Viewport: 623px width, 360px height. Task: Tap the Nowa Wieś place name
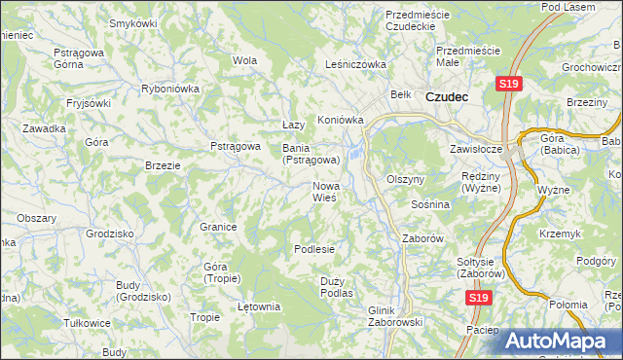(x=325, y=192)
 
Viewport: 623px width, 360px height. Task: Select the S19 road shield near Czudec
(x=507, y=85)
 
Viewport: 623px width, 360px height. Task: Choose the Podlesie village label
(x=314, y=249)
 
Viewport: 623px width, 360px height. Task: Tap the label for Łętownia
(x=259, y=306)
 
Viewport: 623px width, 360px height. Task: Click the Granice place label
(x=219, y=227)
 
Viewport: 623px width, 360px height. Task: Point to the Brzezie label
(x=163, y=165)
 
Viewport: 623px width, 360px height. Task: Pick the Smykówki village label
(x=134, y=22)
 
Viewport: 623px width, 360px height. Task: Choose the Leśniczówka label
(x=355, y=65)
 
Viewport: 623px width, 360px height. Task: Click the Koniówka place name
(x=340, y=121)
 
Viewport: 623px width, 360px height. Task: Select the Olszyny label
(x=406, y=180)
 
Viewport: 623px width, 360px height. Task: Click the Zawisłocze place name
(x=475, y=150)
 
